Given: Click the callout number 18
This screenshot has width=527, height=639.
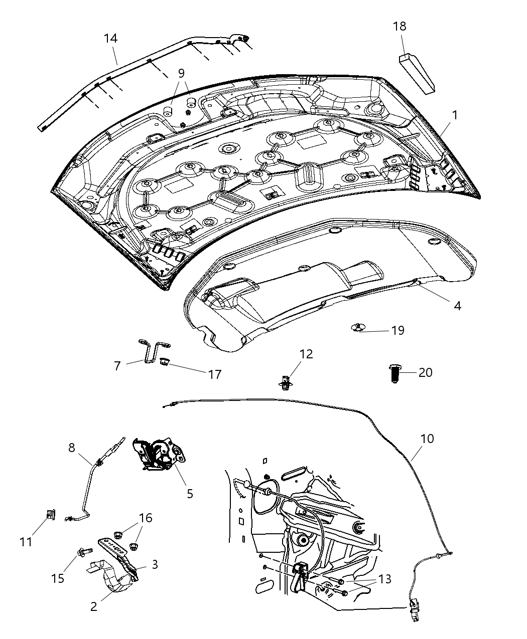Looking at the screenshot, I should coord(400,26).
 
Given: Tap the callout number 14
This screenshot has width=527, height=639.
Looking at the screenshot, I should coord(110,38).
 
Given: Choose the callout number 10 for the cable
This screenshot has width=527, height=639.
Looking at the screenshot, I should coord(427,439).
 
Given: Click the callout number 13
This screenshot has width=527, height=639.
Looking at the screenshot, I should coord(385,579).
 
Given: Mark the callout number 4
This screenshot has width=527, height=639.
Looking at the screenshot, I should coord(457,305).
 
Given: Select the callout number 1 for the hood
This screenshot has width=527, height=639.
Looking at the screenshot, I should coord(454,115).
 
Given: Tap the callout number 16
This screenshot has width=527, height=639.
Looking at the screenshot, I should coord(145,518).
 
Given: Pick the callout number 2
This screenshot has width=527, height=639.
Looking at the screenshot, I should coord(94,606).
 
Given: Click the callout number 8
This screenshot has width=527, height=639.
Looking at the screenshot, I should coord(71,448).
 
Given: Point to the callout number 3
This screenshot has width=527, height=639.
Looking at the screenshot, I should coord(155,564).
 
